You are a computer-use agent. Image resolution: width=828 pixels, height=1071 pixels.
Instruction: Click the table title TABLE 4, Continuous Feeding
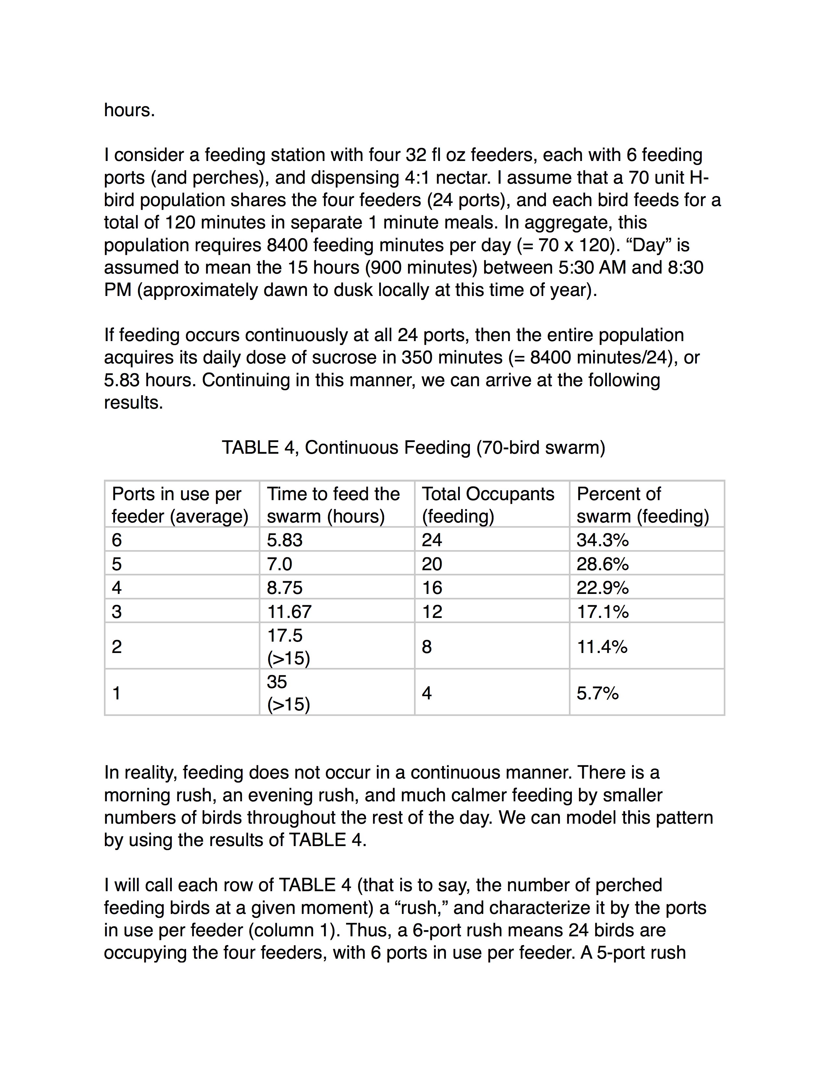tap(413, 447)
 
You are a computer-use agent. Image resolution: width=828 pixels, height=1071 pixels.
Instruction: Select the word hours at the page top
tap(129, 110)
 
